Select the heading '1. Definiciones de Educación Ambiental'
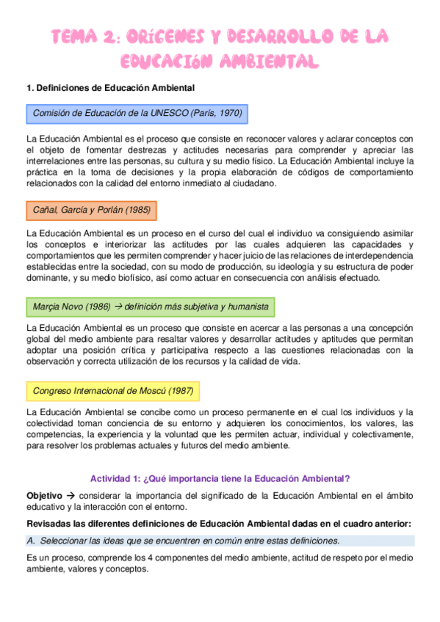(x=110, y=88)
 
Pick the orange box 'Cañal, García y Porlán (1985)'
(x=92, y=210)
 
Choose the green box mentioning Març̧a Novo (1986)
(x=151, y=306)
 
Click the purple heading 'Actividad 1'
(x=220, y=478)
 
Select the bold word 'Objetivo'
(x=44, y=495)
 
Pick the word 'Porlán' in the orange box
(x=108, y=210)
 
